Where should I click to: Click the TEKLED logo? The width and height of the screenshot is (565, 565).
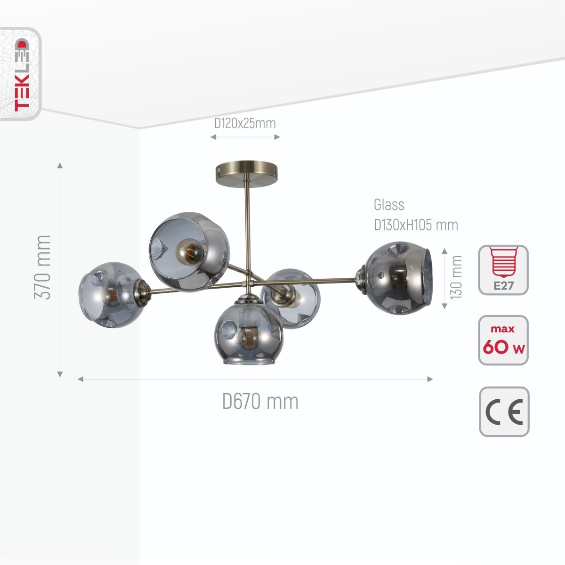pyautogui.click(x=21, y=74)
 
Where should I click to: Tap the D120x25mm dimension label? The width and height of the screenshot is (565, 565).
pyautogui.click(x=245, y=123)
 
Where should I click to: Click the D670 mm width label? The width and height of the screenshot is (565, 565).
pyautogui.click(x=260, y=402)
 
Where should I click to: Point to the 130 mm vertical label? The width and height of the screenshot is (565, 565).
pyautogui.click(x=456, y=277)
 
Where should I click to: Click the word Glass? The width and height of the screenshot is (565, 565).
pyautogui.click(x=389, y=205)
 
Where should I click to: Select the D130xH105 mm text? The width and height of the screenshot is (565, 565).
pyautogui.click(x=416, y=225)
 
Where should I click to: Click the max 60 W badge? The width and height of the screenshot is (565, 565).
pyautogui.click(x=503, y=340)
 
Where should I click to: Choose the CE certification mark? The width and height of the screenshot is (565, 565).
pyautogui.click(x=504, y=412)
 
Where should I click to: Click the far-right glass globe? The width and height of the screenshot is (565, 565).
pyautogui.click(x=398, y=278)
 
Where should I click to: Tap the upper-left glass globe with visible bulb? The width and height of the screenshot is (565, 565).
pyautogui.click(x=189, y=251)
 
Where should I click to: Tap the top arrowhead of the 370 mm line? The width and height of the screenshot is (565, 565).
pyautogui.click(x=60, y=165)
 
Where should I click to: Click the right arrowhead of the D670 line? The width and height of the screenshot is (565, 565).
pyautogui.click(x=430, y=379)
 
